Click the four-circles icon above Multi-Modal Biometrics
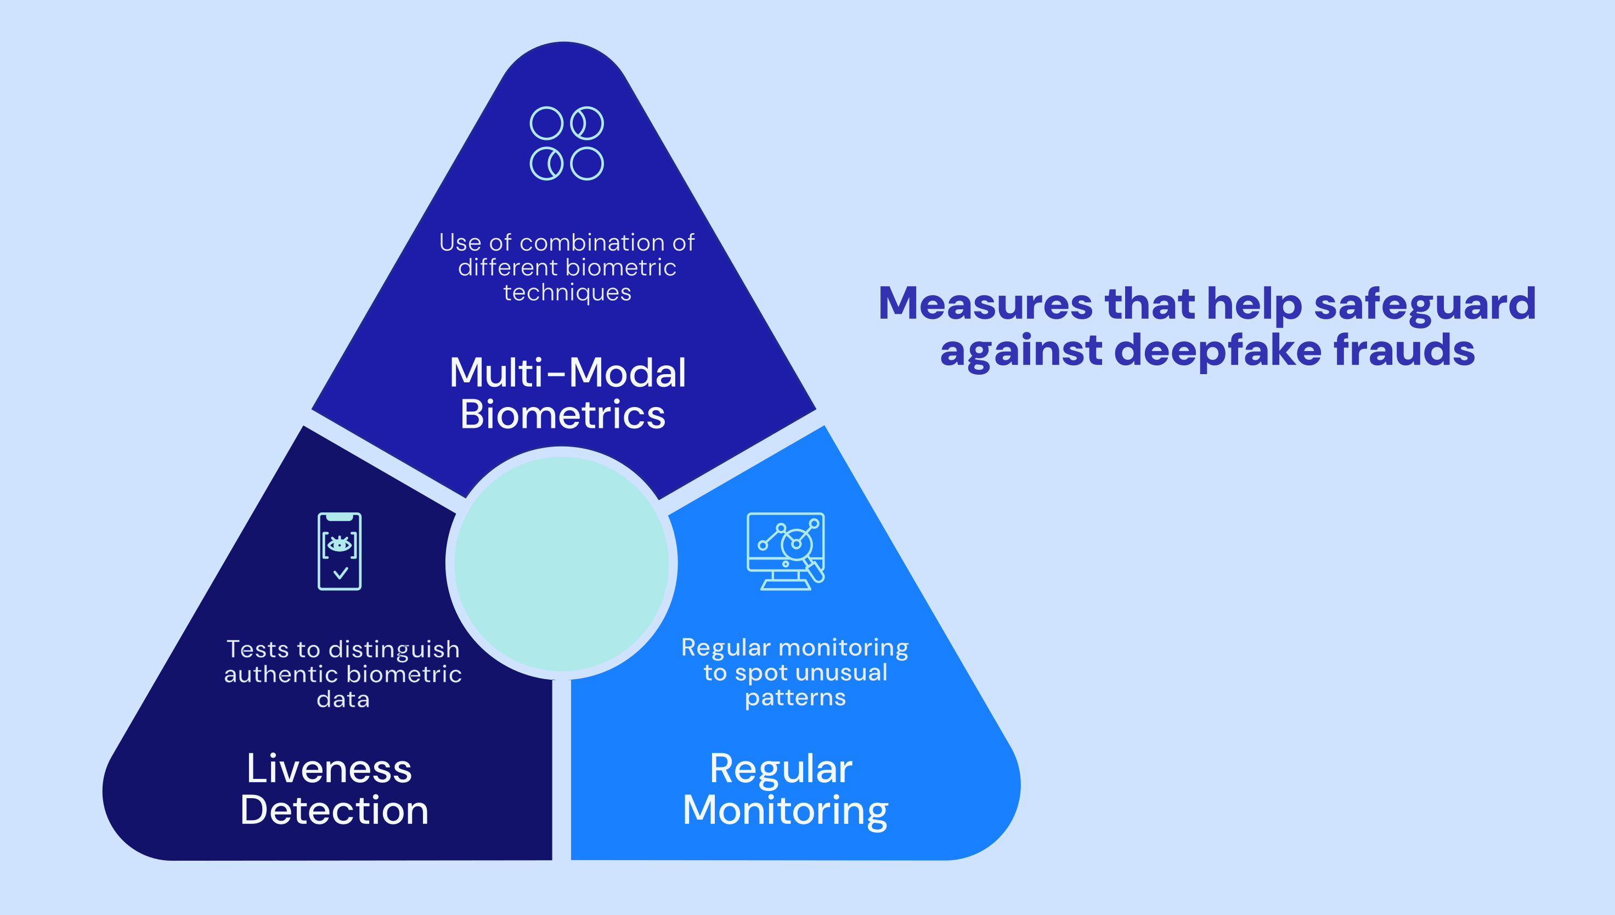pos(566,143)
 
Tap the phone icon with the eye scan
pos(340,551)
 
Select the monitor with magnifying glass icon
pos(786,551)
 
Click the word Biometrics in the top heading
pos(562,415)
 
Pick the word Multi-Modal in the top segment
pos(567,372)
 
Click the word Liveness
pos(329,769)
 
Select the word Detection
pos(334,810)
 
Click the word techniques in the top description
pos(567,293)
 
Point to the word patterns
pos(795,698)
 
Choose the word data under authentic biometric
pos(342,699)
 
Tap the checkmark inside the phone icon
pos(340,573)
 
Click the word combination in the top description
pos(589,242)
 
